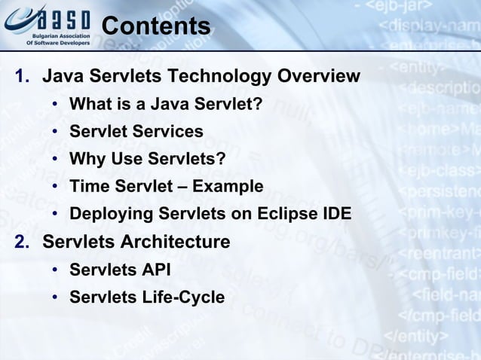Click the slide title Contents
pos(155,26)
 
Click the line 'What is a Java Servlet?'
pos(166,104)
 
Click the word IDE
pos(335,214)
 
